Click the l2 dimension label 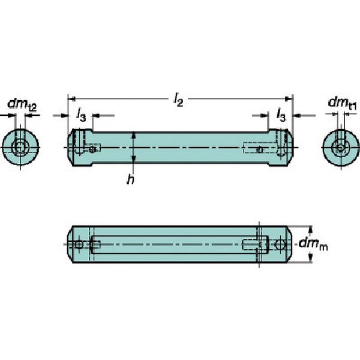click(178, 100)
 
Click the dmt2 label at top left click(22, 105)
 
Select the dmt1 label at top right click(342, 103)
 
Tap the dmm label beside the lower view click(313, 244)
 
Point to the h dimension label click(130, 179)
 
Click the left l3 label click(81, 115)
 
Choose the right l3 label click(281, 115)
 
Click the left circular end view click(20, 147)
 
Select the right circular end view click(341, 147)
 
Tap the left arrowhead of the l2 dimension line click(71, 99)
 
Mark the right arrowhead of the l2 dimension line click(289, 99)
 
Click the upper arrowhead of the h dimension click(134, 136)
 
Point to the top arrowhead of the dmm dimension click(310, 230)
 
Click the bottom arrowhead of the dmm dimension click(310, 259)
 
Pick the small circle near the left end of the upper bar click(92, 149)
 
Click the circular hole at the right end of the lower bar click(281, 245)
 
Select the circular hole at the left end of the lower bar click(79, 245)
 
